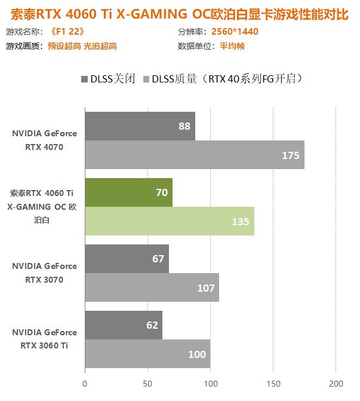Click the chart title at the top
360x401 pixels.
click(x=180, y=14)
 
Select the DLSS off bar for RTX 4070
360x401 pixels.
click(x=140, y=126)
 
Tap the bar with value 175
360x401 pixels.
click(x=194, y=155)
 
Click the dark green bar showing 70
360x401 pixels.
click(x=128, y=192)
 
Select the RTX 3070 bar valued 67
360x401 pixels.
click(x=127, y=259)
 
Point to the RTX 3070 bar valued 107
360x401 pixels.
click(x=152, y=287)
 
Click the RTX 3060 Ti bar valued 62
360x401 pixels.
click(x=123, y=325)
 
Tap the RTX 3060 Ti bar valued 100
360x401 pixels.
click(x=147, y=354)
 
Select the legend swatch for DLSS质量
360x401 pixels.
click(x=146, y=78)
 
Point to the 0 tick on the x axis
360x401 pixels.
click(x=85, y=383)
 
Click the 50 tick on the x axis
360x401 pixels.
click(x=147, y=383)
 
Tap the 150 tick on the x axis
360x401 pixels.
click(x=273, y=383)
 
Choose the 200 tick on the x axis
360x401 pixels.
click(x=336, y=383)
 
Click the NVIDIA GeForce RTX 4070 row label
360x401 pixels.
click(x=44, y=140)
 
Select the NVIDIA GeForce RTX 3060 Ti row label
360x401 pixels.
click(x=44, y=338)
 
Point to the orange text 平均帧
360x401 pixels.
click(x=232, y=46)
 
